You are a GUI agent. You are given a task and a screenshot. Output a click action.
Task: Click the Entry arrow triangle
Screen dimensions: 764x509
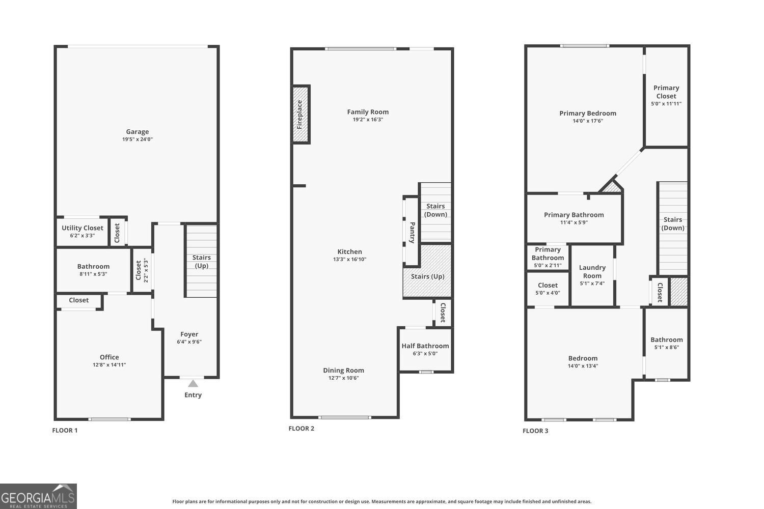pos(193,384)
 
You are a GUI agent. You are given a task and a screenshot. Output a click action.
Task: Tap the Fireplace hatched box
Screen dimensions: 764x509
pos(301,114)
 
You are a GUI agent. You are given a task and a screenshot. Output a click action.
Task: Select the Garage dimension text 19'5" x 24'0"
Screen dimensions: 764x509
pos(138,139)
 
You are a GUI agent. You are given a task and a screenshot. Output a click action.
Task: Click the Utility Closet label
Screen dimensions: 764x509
pos(82,228)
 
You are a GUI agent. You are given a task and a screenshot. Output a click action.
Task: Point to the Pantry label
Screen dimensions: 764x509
pos(413,233)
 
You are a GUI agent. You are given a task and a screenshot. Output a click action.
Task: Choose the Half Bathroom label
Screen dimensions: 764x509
pos(425,346)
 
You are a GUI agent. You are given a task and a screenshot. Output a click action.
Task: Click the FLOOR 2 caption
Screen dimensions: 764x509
pos(302,429)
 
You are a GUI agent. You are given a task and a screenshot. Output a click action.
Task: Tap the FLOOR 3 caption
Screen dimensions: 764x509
pos(535,431)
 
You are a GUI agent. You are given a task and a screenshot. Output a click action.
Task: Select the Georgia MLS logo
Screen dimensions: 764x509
pos(38,496)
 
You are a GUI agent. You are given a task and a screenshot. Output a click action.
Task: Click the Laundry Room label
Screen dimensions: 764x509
pos(592,272)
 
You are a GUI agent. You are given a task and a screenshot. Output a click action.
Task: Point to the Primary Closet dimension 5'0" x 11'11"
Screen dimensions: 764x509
pos(666,104)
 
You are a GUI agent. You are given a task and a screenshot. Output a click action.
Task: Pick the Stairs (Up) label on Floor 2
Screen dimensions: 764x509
pos(428,276)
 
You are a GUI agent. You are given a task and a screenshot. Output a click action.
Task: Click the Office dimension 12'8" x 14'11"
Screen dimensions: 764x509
pos(110,365)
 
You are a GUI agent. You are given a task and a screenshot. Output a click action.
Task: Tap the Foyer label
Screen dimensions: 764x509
pos(189,334)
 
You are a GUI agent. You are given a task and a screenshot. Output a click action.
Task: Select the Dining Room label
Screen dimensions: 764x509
pos(343,370)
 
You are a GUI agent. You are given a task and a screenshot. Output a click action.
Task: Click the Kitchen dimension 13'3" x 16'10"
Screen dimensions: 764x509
pos(349,259)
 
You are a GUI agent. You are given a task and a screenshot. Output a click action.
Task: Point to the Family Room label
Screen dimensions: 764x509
pos(368,112)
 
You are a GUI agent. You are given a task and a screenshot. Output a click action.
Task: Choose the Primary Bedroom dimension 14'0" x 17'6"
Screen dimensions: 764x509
pos(588,121)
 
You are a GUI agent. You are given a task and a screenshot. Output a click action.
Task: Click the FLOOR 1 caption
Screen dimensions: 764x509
pos(65,431)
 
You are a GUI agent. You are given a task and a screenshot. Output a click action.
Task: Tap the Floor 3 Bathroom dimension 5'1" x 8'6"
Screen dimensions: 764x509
pos(666,348)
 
